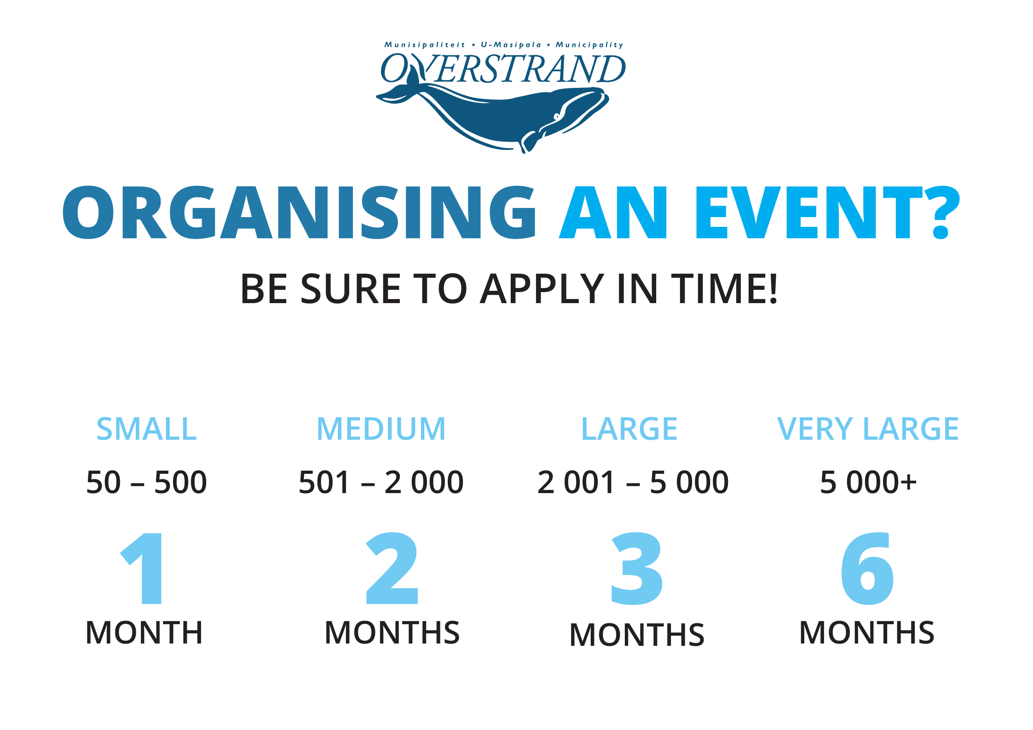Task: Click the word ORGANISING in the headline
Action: (300, 213)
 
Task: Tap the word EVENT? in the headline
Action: (828, 213)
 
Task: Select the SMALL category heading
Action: (146, 429)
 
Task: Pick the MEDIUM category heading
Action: (381, 429)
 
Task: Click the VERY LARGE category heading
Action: (868, 429)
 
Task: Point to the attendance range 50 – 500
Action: (146, 482)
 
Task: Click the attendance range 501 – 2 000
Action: (381, 482)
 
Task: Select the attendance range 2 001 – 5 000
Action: (633, 482)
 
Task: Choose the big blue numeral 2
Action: (392, 569)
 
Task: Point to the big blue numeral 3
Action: (637, 569)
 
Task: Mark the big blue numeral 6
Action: (867, 569)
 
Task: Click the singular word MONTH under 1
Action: (144, 632)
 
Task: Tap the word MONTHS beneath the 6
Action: (867, 632)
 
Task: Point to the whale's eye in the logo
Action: (557, 116)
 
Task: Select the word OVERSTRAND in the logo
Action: (503, 69)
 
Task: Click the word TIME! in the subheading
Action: (724, 289)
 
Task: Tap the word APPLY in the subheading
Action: (542, 289)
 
